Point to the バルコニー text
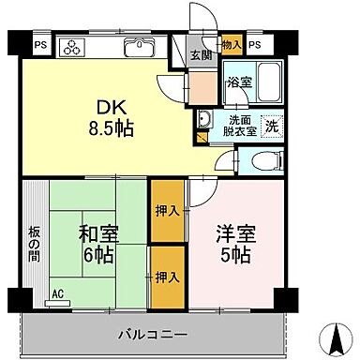tap(152, 334)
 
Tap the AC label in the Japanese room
tap(56, 293)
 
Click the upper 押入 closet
tap(167, 211)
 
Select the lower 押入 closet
tap(167, 277)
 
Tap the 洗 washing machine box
tap(270, 123)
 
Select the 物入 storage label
tap(232, 44)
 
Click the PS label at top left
tap(40, 44)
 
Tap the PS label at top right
tap(256, 44)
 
